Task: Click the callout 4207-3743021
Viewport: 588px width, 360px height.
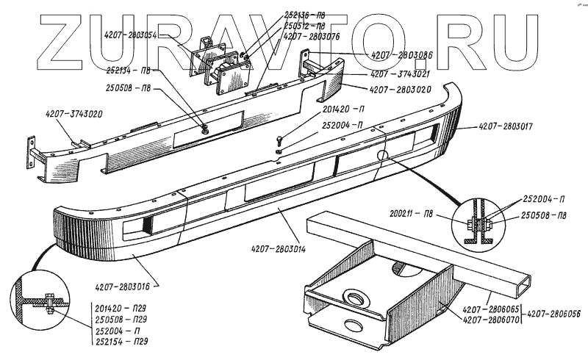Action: tap(400, 74)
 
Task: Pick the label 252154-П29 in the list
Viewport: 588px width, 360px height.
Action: tap(123, 342)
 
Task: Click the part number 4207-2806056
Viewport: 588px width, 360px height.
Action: tap(553, 314)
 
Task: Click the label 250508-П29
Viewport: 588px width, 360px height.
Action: tap(123, 320)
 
